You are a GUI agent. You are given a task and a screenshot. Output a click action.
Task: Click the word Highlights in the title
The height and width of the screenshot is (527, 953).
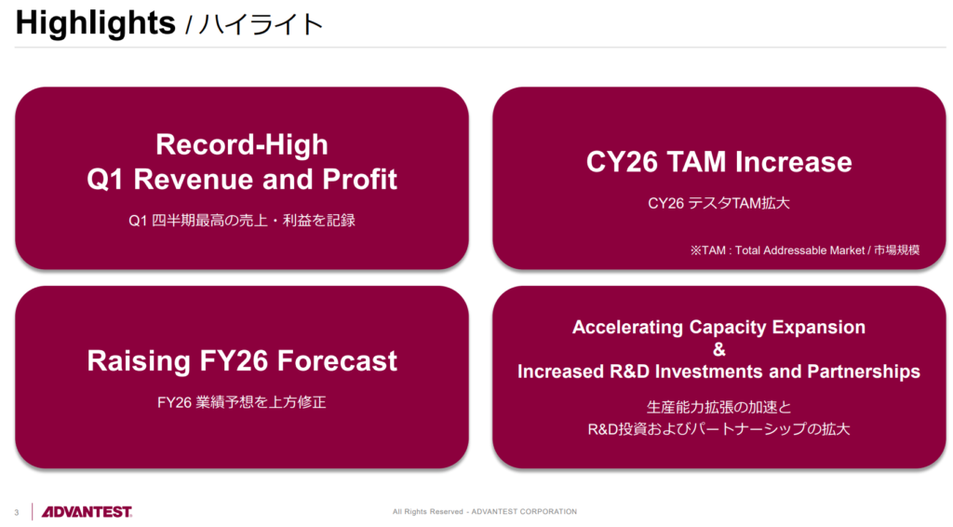coord(96,24)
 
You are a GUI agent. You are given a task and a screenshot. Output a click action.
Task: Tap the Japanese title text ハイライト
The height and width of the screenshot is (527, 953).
coord(261,25)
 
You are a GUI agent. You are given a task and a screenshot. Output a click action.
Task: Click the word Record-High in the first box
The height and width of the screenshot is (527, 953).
coord(242,144)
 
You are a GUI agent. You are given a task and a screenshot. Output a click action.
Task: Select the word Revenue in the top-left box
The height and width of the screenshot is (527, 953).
coord(194,180)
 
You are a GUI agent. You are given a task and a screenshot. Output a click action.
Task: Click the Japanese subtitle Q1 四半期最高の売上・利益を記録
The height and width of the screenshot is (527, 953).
coord(242,220)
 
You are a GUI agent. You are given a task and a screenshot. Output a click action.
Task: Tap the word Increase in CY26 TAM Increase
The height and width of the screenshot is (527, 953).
coord(793,162)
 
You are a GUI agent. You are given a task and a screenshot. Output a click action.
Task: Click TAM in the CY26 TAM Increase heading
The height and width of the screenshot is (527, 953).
coord(696,162)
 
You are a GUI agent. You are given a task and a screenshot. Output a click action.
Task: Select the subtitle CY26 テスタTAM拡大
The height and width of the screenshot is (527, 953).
coord(719,203)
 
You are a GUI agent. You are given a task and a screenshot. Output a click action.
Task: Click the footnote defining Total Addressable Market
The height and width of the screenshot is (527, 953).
coord(805,250)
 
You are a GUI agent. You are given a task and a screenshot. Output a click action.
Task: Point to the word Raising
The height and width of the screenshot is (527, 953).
coord(140,361)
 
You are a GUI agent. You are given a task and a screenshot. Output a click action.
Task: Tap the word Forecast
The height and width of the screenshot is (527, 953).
coord(329,361)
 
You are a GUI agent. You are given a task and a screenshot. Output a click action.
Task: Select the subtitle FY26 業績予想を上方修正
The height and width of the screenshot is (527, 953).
coord(242,402)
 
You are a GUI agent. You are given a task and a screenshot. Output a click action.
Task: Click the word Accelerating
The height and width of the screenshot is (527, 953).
coord(627,328)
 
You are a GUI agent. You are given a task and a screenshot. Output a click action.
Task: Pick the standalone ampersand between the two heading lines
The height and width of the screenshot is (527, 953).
coord(719,349)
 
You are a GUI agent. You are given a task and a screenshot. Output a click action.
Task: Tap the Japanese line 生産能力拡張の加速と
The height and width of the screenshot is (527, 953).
coord(719,407)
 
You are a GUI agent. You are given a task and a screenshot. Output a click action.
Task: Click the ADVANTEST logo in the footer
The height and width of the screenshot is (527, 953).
coord(87,512)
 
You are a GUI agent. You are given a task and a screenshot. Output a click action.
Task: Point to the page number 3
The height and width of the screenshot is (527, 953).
coord(17,512)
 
